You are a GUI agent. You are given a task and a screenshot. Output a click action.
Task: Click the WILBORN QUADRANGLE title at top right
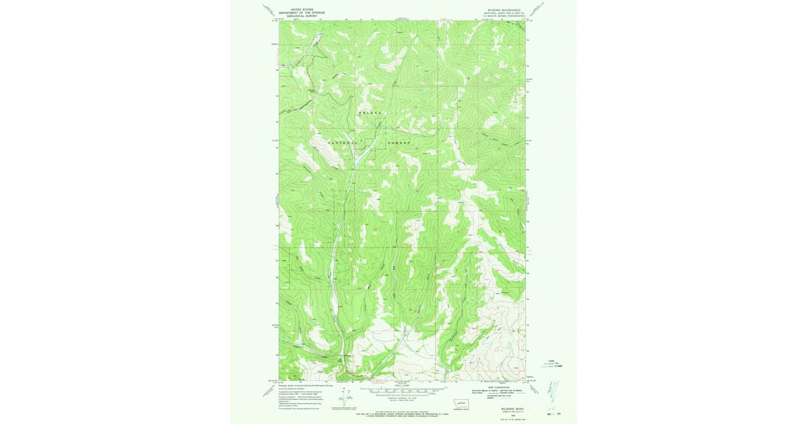[x=502, y=10]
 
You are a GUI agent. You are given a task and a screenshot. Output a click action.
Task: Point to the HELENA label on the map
[x=370, y=112]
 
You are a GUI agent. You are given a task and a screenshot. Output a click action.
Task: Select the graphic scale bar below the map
[x=403, y=390]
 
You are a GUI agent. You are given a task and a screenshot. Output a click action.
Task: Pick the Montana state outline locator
[x=462, y=402]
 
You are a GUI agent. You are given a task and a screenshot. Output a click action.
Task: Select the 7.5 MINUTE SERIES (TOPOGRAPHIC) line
[x=502, y=16]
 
